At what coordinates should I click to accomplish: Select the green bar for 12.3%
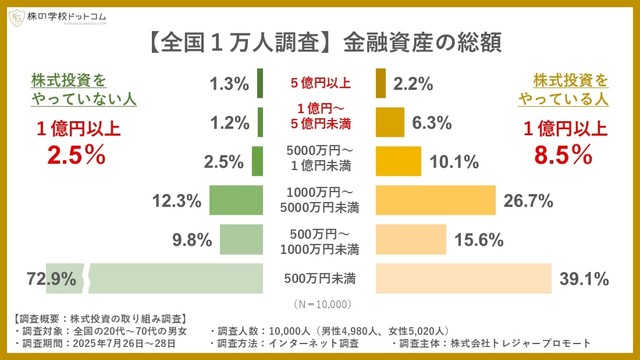click(236, 201)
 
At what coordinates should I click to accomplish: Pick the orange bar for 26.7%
click(436, 201)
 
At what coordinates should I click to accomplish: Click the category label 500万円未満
click(320, 277)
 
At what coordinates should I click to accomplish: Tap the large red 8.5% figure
click(566, 155)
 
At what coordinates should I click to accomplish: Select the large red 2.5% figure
click(72, 154)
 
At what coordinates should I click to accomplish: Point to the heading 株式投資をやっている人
click(569, 88)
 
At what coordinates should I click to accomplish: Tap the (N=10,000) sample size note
click(320, 302)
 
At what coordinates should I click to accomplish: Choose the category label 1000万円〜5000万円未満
click(320, 201)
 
